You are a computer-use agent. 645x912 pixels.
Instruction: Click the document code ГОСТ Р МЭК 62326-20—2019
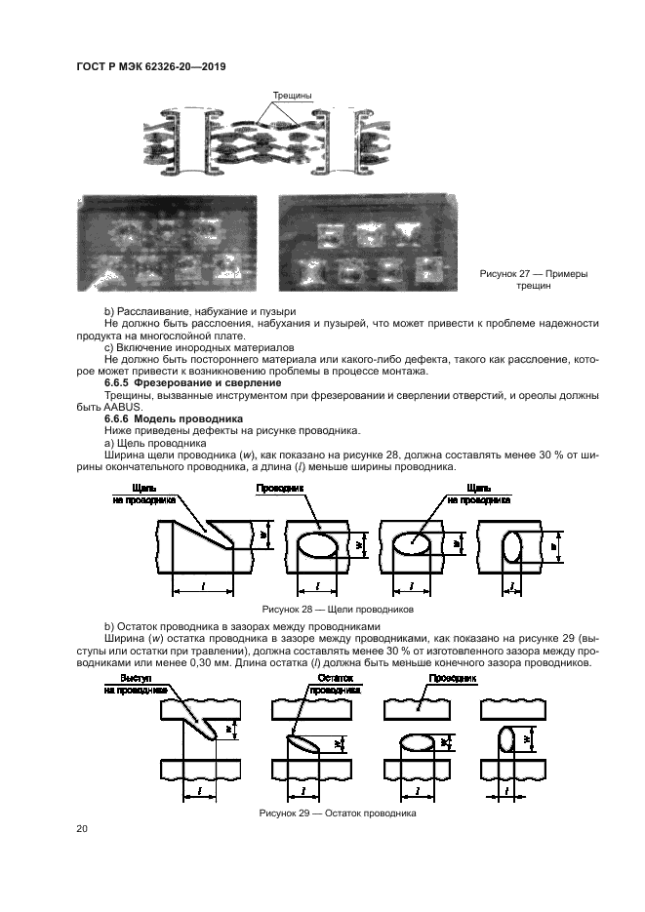coord(151,67)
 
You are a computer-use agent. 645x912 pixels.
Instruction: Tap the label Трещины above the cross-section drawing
coord(293,96)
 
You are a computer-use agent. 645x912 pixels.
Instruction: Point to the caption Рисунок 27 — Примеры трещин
coord(534,280)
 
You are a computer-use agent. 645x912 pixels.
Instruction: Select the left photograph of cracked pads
coord(167,243)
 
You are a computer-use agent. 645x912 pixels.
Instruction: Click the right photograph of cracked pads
coord(368,243)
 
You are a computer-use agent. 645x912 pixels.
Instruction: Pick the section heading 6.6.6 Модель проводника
coord(174,418)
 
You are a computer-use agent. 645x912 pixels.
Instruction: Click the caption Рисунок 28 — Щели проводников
coord(338,610)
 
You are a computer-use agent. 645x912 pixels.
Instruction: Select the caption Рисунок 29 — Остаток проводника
coord(338,813)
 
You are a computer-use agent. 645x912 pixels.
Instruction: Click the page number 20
coord(82,829)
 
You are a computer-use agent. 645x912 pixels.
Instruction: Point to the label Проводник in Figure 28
coord(280,489)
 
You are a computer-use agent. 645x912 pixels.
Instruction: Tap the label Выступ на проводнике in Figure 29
coord(136,685)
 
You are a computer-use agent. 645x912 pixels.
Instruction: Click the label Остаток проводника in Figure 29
coord(335,685)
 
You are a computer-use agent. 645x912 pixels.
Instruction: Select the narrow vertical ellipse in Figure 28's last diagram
coord(512,546)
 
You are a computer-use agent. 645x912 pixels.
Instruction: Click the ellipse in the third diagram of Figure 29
coord(416,742)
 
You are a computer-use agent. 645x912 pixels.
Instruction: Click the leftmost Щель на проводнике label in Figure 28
coord(144,495)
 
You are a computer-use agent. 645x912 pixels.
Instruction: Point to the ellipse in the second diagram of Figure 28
coord(317,545)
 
